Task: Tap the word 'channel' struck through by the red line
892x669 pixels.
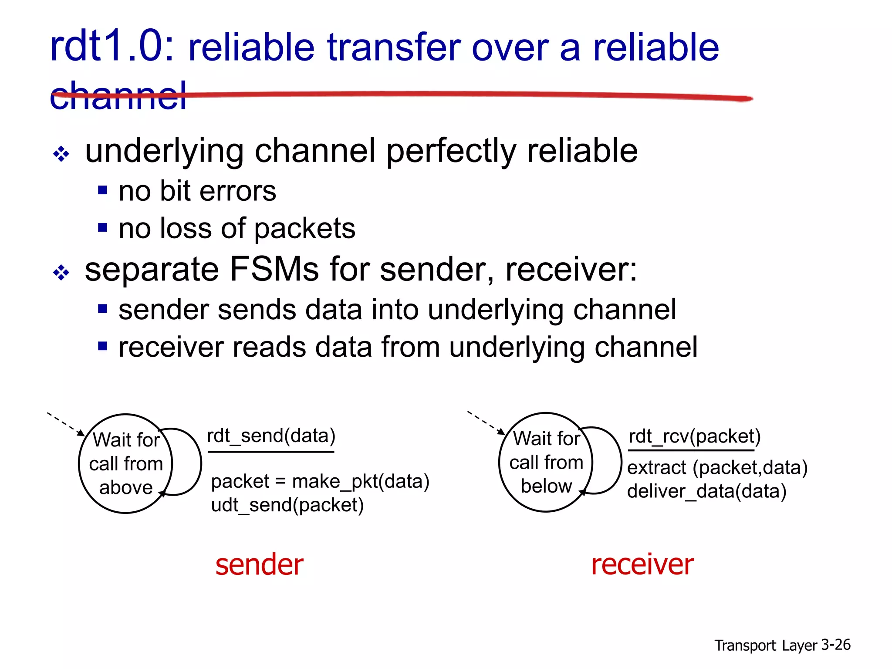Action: click(x=118, y=96)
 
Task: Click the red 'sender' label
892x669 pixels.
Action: click(x=259, y=564)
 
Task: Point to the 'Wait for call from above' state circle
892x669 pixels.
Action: click(x=125, y=463)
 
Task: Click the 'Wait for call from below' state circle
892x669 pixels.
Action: click(x=546, y=462)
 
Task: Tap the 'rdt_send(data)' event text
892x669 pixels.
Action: click(x=271, y=436)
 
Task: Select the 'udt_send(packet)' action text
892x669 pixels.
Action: click(x=287, y=505)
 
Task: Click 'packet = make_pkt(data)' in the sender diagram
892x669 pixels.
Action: click(x=320, y=481)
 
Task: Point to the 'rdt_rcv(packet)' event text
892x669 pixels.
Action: click(x=694, y=436)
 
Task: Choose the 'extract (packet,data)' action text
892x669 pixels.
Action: click(x=717, y=467)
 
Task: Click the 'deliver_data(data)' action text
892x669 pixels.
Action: click(x=706, y=491)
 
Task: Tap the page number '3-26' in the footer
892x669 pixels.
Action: click(x=835, y=645)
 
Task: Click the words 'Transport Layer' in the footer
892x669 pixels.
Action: click(x=765, y=645)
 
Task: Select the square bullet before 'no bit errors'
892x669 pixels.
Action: click(x=102, y=190)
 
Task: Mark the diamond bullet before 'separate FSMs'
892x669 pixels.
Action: click(x=61, y=273)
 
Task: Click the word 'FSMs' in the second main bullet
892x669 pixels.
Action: click(x=274, y=269)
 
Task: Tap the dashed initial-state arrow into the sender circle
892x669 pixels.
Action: click(x=65, y=423)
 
